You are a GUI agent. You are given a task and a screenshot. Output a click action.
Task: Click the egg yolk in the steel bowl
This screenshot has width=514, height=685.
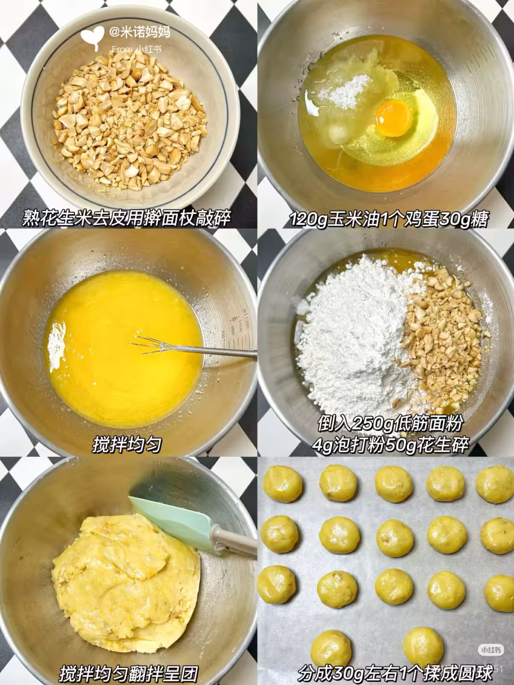tap(393, 118)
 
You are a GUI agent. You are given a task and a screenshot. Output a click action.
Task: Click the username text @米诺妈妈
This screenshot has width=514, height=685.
tap(140, 32)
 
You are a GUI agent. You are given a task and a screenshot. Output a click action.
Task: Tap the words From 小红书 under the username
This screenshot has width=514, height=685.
tap(137, 49)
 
